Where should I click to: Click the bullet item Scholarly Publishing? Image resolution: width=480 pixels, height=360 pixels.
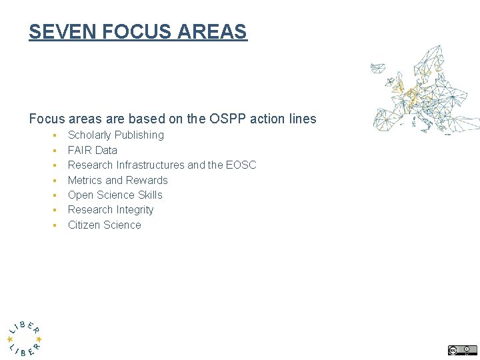[x=115, y=135]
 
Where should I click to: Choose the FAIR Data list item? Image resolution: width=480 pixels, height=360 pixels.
[x=92, y=150]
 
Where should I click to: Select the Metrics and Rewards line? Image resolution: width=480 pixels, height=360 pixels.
[x=117, y=180]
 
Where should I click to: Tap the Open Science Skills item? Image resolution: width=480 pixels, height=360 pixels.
[x=115, y=195]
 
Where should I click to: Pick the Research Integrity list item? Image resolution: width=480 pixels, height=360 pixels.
[x=110, y=209]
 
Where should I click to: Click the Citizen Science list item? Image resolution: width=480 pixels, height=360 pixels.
[x=104, y=225]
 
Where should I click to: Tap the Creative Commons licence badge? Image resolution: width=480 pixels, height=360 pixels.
[x=462, y=350]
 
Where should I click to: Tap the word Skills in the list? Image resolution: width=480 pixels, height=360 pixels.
[x=150, y=195]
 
